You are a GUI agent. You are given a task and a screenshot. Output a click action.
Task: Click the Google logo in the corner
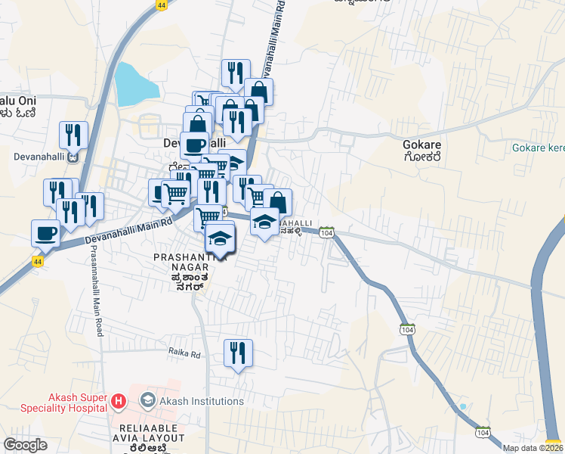25,445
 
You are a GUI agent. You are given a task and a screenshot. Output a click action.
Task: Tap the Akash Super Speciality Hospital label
55,401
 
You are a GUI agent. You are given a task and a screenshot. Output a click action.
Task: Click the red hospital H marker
118,401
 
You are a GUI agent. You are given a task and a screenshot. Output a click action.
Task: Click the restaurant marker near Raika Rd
238,353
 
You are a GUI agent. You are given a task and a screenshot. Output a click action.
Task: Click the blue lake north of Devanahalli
135,84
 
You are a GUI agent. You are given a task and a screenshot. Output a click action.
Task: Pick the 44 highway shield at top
162,5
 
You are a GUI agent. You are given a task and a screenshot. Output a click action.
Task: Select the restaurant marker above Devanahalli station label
73,135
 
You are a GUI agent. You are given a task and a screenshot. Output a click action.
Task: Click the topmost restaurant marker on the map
236,73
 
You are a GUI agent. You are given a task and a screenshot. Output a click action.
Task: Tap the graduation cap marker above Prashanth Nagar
220,238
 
